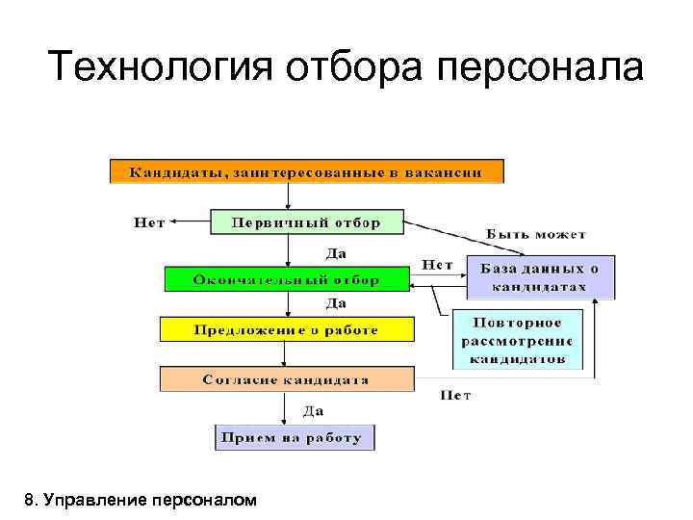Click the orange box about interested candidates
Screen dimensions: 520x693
(x=306, y=171)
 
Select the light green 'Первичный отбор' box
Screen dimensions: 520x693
(x=306, y=221)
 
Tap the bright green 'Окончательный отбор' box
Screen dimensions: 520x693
(x=286, y=279)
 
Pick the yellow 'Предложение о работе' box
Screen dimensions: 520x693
(x=286, y=329)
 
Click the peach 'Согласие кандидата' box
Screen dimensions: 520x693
(x=286, y=379)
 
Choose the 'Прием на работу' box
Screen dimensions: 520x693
(x=293, y=437)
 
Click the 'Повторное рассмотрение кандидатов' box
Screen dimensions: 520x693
(x=518, y=339)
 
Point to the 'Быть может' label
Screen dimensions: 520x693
(x=536, y=234)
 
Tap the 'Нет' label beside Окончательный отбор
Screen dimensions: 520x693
(x=438, y=263)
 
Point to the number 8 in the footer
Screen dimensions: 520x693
(x=31, y=499)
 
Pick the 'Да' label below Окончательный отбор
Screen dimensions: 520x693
(x=336, y=303)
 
